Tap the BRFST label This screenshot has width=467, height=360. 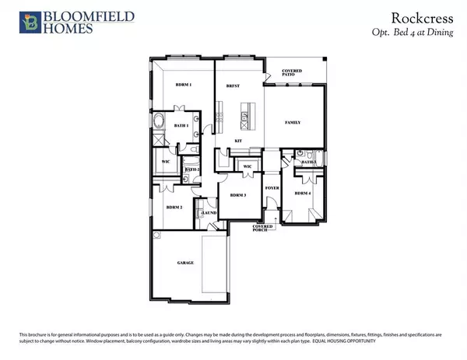click(x=231, y=85)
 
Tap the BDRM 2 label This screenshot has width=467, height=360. click(x=174, y=208)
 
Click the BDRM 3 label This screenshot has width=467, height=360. click(x=238, y=195)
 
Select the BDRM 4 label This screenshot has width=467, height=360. click(x=303, y=192)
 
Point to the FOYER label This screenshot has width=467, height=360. click(x=272, y=187)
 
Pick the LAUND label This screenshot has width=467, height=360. click(x=209, y=212)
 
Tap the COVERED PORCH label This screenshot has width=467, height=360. click(x=263, y=228)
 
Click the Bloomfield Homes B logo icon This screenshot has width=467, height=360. click(x=13, y=21)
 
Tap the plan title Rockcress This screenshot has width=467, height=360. click(x=427, y=16)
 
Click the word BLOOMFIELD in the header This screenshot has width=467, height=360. click(x=61, y=16)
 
